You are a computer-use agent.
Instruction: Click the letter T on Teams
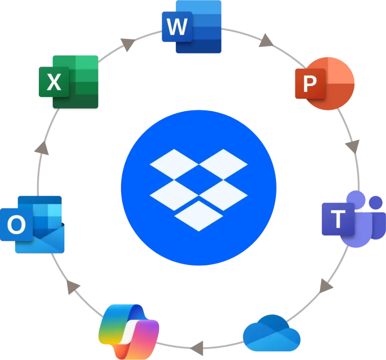(x=338, y=219)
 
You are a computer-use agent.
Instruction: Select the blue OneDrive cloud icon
(x=271, y=332)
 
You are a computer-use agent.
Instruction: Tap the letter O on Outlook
(x=17, y=226)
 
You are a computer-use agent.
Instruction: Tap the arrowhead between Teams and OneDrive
(x=326, y=285)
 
